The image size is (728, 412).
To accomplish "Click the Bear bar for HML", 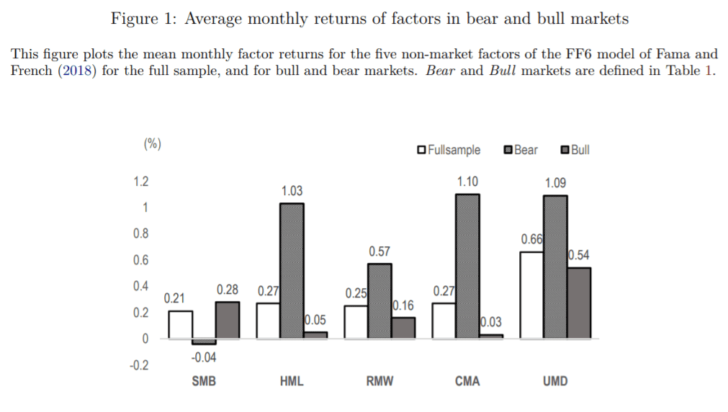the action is (x=292, y=271).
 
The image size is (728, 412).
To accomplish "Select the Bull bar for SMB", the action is (x=228, y=320).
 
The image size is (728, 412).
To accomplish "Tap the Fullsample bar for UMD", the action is (x=531, y=295).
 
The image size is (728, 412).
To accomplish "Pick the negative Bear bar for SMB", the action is (x=205, y=341).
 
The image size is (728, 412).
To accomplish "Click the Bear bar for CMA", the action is (x=467, y=267).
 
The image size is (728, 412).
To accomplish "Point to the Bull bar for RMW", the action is (x=403, y=328).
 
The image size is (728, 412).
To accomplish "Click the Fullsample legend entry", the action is (x=449, y=150).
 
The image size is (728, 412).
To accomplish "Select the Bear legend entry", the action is (x=521, y=150).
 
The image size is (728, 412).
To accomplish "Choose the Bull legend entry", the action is (x=575, y=150).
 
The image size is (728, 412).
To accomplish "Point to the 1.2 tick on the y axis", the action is (x=141, y=181).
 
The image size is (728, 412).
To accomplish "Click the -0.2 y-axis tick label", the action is (x=139, y=366).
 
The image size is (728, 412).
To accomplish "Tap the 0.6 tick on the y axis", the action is (x=141, y=260).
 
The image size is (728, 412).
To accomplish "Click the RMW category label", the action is (x=379, y=381).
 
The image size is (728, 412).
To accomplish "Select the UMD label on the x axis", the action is (x=555, y=381).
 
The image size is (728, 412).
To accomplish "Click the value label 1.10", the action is (x=467, y=182).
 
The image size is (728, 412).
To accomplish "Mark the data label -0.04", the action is (x=204, y=357).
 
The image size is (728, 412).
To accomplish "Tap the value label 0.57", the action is (x=379, y=252).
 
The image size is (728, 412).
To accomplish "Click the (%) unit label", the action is (x=152, y=143).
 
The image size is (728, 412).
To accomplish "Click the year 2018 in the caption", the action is (x=76, y=71).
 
